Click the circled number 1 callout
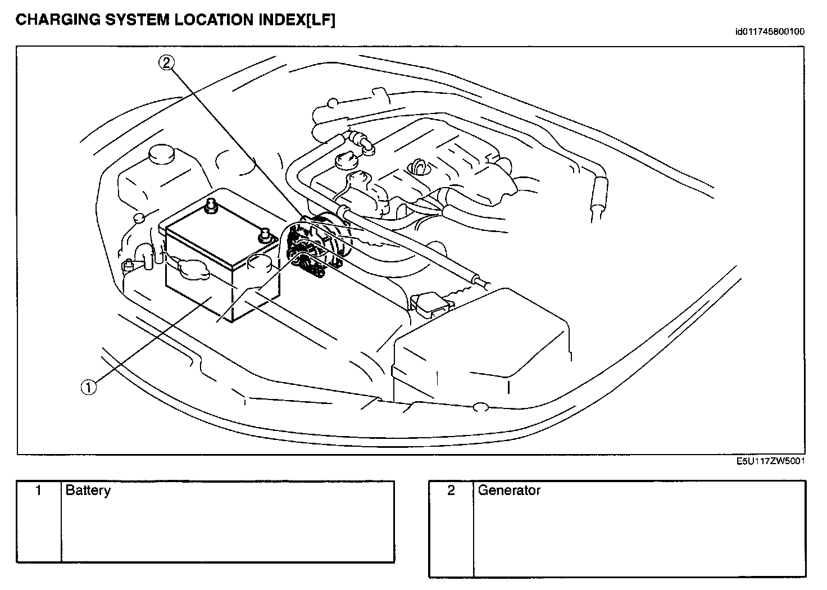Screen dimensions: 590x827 tap(88, 387)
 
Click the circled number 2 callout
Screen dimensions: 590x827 tap(166, 63)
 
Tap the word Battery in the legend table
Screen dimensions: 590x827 tap(88, 491)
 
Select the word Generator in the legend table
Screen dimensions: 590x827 tap(509, 491)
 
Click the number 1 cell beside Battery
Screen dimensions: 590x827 tap(39, 491)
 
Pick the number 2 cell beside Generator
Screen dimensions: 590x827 tap(451, 491)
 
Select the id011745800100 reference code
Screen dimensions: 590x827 tap(770, 31)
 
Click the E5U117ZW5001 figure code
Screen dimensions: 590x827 tap(771, 461)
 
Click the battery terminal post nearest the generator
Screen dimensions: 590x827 tap(262, 235)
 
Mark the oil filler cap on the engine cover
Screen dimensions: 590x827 tap(419, 166)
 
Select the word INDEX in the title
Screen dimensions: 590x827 tap(281, 20)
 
